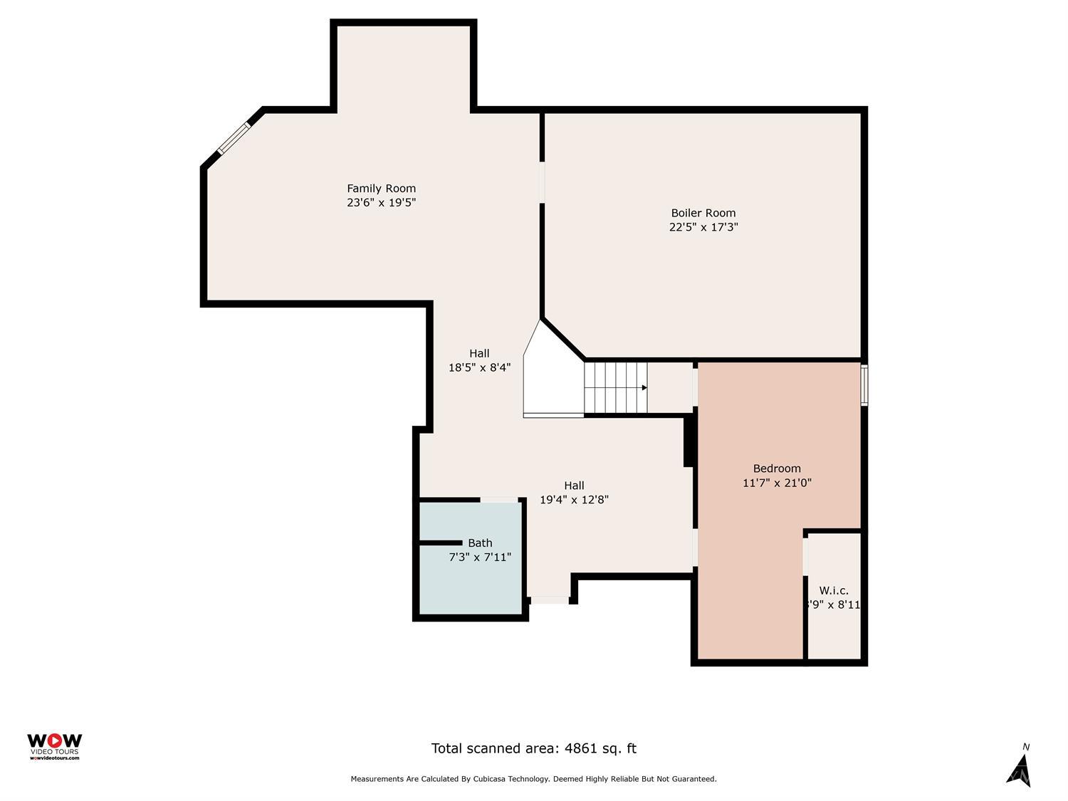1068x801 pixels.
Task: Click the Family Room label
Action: click(x=381, y=189)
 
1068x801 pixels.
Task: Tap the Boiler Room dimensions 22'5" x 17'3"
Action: click(x=703, y=227)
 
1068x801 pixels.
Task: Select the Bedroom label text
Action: click(x=777, y=468)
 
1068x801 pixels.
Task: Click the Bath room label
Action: click(x=480, y=543)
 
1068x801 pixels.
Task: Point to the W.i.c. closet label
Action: click(x=833, y=590)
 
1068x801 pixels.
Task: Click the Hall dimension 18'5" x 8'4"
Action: click(x=479, y=367)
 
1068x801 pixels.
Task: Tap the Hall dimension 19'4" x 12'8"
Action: click(x=574, y=500)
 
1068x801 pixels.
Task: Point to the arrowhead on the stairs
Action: click(x=644, y=388)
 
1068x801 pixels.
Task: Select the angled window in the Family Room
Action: click(x=234, y=138)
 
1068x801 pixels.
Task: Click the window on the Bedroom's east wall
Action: click(x=864, y=385)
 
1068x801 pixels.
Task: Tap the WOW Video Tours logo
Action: click(x=54, y=746)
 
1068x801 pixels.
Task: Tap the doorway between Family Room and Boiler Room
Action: click(x=542, y=182)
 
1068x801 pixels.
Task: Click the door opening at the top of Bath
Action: click(x=499, y=500)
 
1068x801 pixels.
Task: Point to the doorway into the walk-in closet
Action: click(x=805, y=556)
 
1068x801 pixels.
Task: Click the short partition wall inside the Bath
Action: click(x=441, y=543)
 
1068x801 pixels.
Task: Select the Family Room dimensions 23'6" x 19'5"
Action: click(x=381, y=202)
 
